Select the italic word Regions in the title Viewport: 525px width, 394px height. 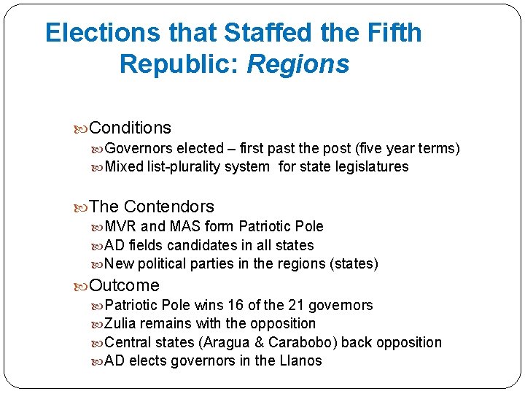[x=298, y=64]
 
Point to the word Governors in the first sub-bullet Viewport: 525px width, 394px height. [x=139, y=149]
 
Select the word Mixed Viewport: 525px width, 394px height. [x=125, y=167]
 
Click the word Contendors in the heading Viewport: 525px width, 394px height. [x=169, y=206]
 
